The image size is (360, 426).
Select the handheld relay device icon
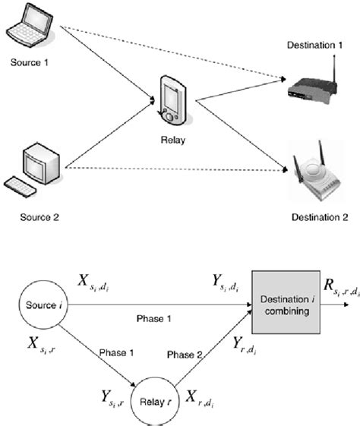(x=171, y=99)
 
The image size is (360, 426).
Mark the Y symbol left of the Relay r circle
(x=110, y=395)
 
